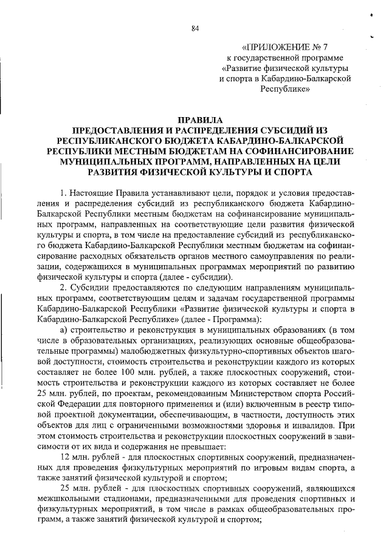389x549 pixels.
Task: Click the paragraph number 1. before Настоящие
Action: pos(64,193)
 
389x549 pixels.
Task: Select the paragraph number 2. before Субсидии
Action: pos(64,286)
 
